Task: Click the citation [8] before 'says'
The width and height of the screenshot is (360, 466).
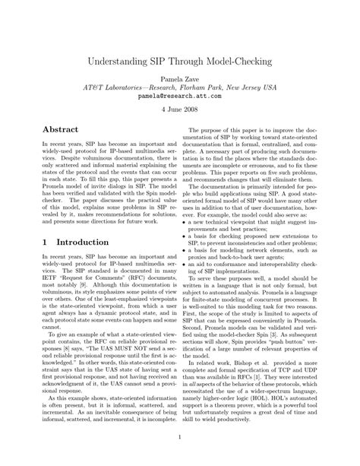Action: coord(79,338)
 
